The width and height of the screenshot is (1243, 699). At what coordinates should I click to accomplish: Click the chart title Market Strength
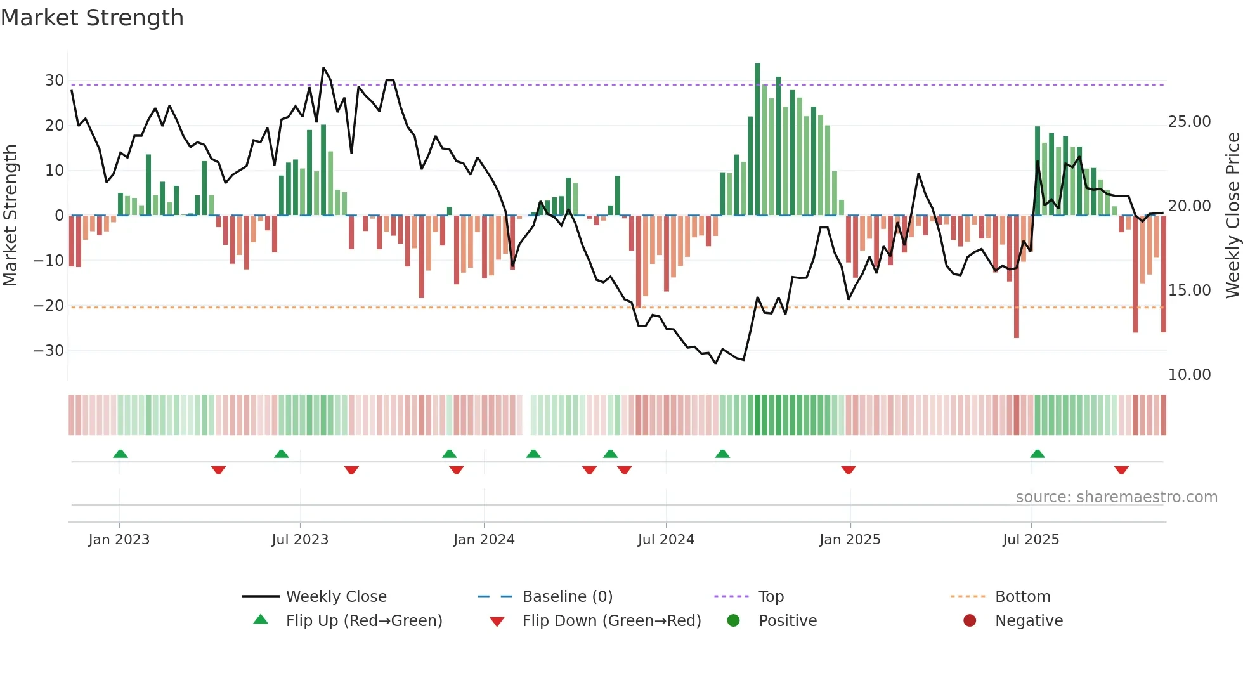pyautogui.click(x=92, y=18)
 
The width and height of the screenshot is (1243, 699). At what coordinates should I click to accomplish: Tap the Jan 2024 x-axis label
pyautogui.click(x=484, y=540)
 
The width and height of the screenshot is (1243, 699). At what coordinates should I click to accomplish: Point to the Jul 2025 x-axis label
pyautogui.click(x=1031, y=540)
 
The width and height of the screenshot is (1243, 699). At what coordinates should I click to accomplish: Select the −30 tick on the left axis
pyautogui.click(x=49, y=351)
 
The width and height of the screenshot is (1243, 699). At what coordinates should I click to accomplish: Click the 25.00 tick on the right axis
pyautogui.click(x=1189, y=122)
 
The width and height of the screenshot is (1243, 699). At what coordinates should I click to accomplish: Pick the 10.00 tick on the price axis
pyautogui.click(x=1189, y=375)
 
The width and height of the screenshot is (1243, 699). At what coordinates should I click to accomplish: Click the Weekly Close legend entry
pyautogui.click(x=335, y=597)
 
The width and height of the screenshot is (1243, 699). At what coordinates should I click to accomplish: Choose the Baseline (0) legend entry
pyautogui.click(x=567, y=597)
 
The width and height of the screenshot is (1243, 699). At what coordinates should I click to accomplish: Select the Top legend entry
pyautogui.click(x=771, y=597)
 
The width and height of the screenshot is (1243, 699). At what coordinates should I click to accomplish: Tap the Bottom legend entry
pyautogui.click(x=1022, y=597)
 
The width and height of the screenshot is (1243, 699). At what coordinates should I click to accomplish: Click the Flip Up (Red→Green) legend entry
pyautogui.click(x=363, y=621)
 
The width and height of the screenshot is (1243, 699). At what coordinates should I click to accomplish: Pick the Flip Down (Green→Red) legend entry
pyautogui.click(x=611, y=621)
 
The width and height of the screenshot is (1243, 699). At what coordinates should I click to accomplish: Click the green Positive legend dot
pyautogui.click(x=733, y=621)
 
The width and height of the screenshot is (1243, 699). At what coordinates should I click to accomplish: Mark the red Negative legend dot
pyautogui.click(x=970, y=621)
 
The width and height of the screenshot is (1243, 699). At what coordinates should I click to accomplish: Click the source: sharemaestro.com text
pyautogui.click(x=1116, y=497)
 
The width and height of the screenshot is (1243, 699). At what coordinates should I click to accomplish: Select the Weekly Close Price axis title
pyautogui.click(x=1232, y=216)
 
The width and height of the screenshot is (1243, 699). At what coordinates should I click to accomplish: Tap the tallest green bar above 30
pyautogui.click(x=757, y=140)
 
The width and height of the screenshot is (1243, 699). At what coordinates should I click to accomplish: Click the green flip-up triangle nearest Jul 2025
pyautogui.click(x=1038, y=454)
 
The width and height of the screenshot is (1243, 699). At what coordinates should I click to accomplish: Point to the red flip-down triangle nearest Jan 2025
pyautogui.click(x=849, y=470)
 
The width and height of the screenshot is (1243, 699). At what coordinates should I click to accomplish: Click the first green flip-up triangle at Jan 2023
pyautogui.click(x=120, y=454)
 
